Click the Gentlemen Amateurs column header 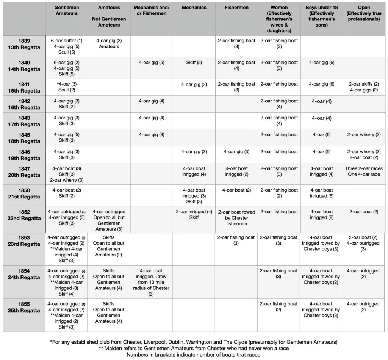(x=66, y=10)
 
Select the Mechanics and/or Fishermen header (x=152, y=10)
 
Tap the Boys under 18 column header (x=322, y=16)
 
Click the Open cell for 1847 (x=364, y=171)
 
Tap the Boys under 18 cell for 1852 (x=322, y=215)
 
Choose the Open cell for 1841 (x=364, y=87)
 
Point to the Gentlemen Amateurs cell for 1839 (x=66, y=46)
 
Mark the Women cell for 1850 (x=279, y=193)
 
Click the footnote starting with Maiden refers (x=194, y=349)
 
